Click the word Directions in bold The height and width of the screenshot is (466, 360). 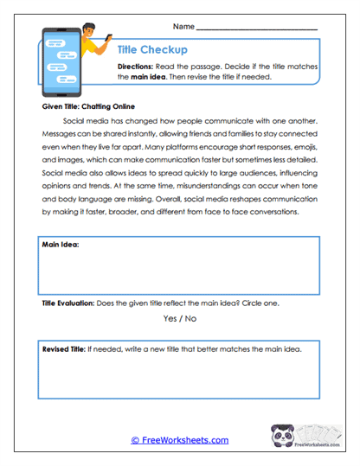coord(137,66)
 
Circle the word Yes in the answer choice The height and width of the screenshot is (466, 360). coord(171,319)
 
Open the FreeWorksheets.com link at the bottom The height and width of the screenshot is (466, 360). coord(179,440)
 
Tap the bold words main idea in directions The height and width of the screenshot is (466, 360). coord(150,77)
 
